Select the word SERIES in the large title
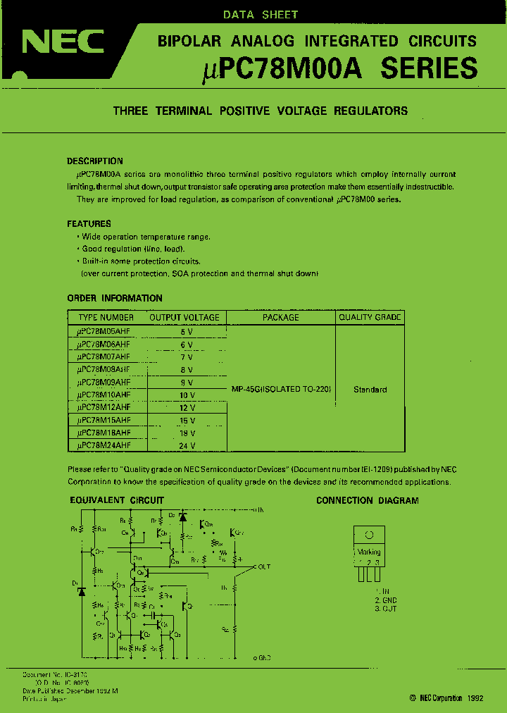coord(429,68)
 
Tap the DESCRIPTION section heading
coord(95,161)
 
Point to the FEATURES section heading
coord(89,223)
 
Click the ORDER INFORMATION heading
coord(115,298)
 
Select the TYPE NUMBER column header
coord(106,318)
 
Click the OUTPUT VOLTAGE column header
coord(184,318)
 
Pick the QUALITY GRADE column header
coord(370,318)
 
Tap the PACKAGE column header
coord(281,318)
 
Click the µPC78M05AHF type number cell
coord(104,331)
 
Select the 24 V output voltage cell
coord(187,445)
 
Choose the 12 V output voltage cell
coord(187,408)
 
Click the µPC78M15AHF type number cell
coord(104,421)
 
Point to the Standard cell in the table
coord(370,389)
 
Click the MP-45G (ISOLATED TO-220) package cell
coord(282,389)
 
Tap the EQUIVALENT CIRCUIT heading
coord(116,500)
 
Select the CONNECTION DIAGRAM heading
coord(367,500)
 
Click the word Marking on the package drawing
coord(369,552)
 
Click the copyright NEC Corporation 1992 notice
coord(445,697)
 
